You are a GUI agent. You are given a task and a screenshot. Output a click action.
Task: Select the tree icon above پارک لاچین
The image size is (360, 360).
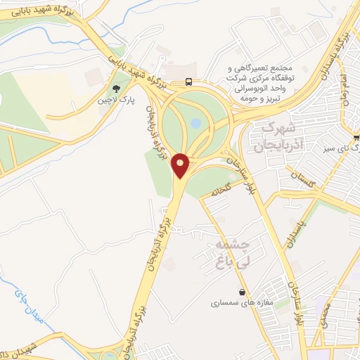116,89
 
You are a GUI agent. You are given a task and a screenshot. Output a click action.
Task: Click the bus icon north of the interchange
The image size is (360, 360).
188,81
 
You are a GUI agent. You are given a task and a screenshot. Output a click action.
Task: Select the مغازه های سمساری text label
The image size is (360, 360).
243,304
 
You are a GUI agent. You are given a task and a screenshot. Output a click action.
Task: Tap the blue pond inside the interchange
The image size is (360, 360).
196,124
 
